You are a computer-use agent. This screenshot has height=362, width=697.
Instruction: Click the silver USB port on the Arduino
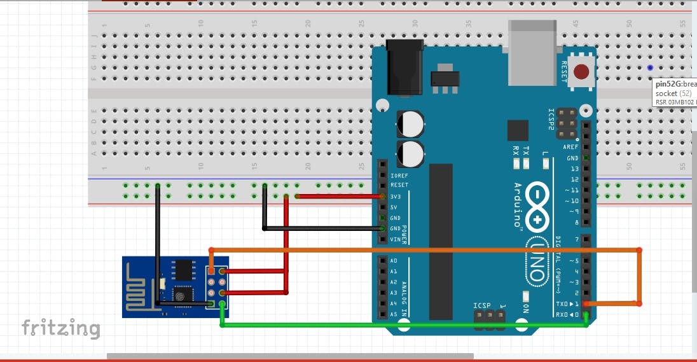(x=533, y=52)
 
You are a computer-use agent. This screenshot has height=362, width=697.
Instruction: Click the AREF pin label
(x=571, y=147)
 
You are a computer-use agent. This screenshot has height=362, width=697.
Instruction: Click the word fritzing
(x=61, y=328)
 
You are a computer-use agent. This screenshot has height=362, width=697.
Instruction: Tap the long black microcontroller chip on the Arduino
(x=441, y=242)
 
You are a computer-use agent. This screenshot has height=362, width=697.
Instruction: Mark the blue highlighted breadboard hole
(x=650, y=67)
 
